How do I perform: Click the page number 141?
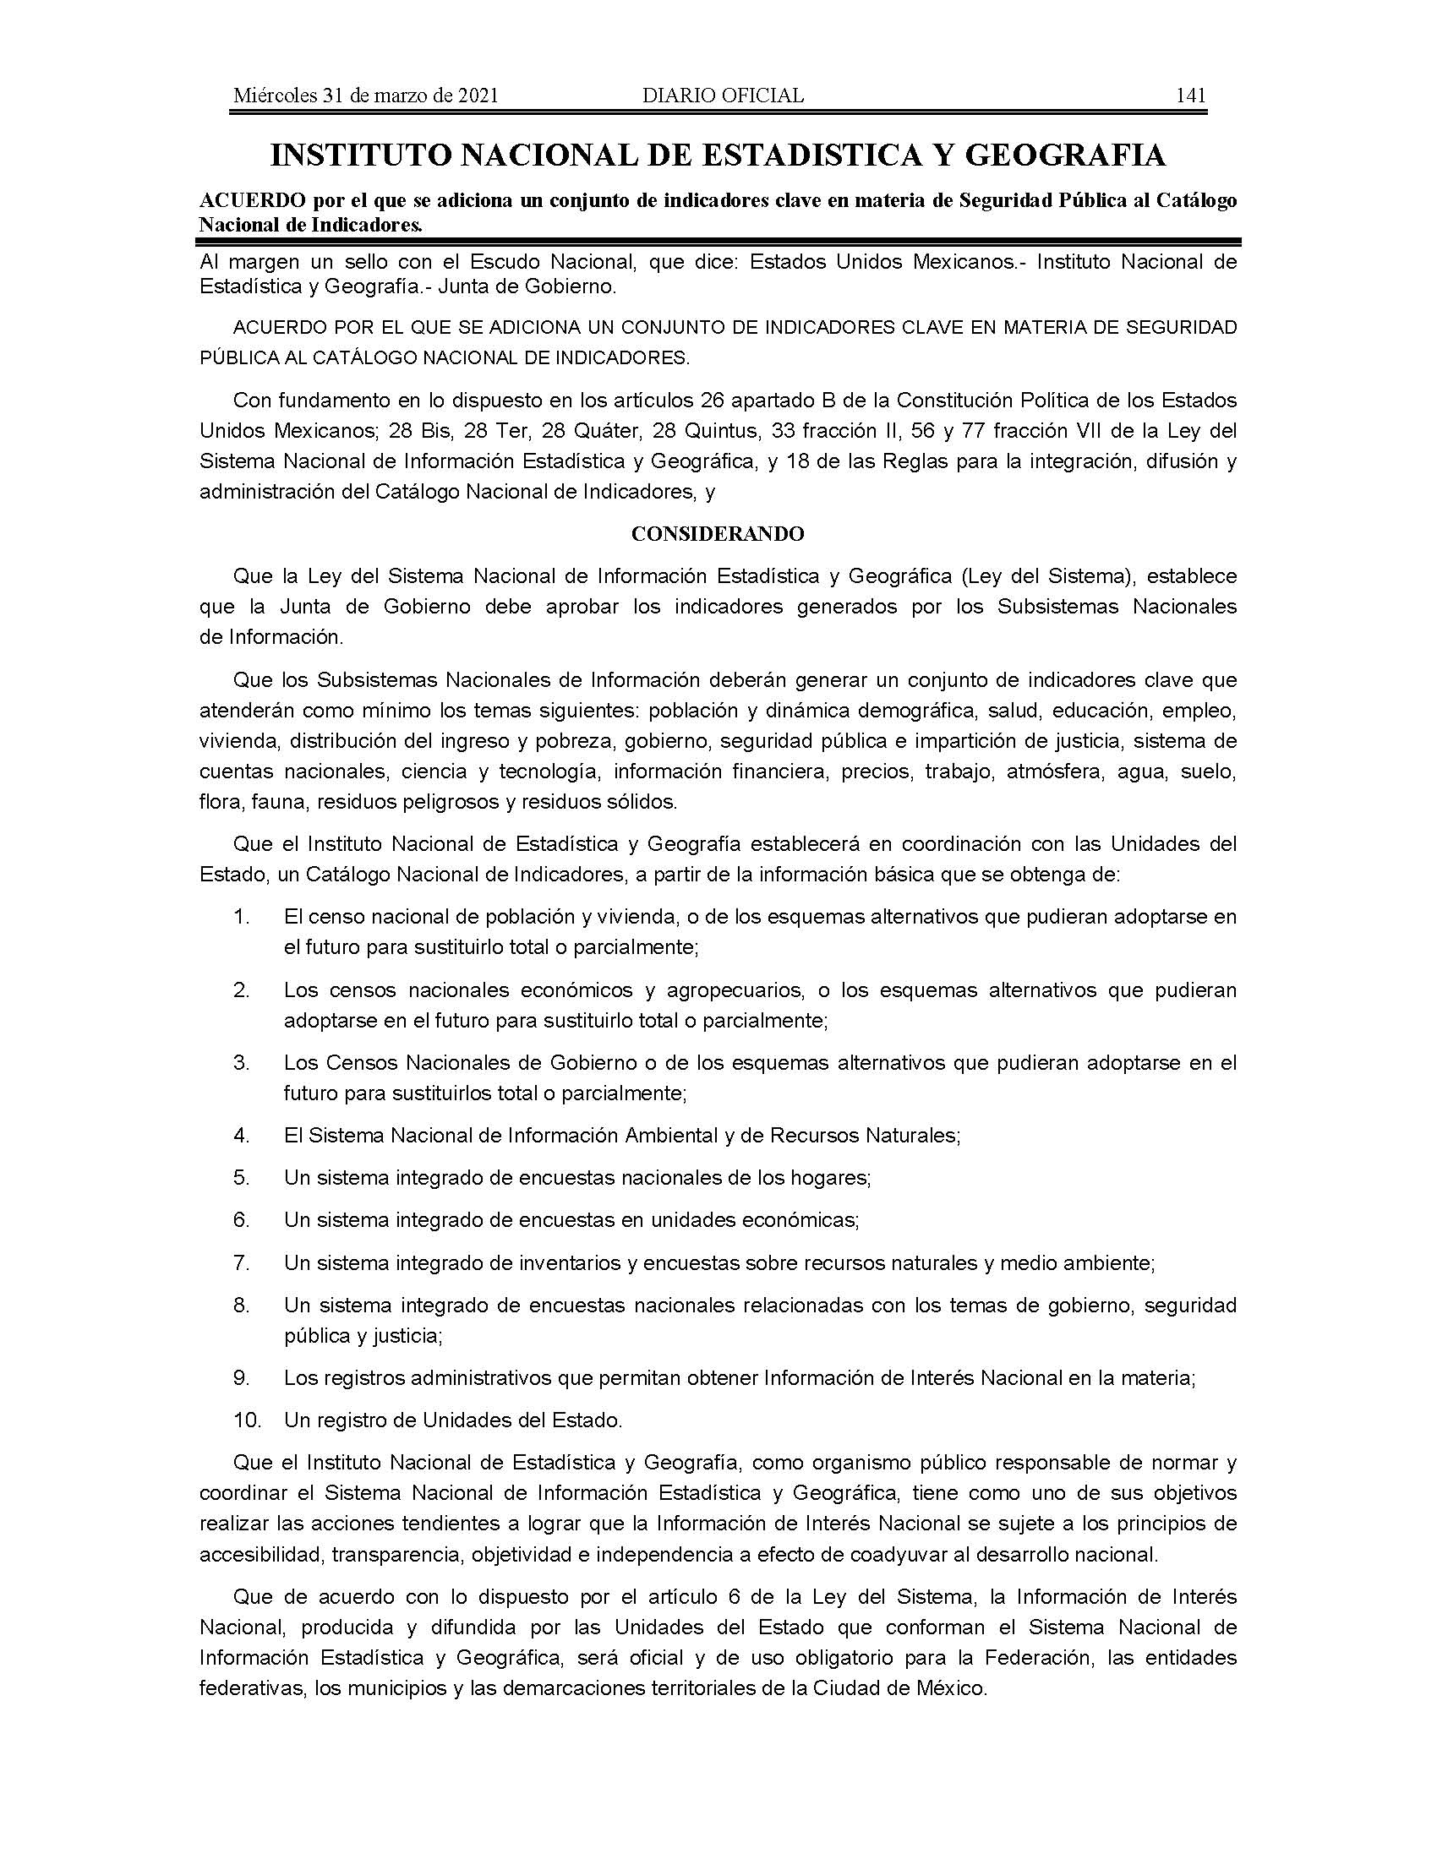coord(1190,95)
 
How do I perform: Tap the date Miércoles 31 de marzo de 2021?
coord(365,95)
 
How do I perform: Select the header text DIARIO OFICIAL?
coord(723,95)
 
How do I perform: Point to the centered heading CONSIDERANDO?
coord(718,534)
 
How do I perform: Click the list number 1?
coord(241,917)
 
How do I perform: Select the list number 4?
coord(241,1135)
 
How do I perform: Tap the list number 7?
coord(241,1262)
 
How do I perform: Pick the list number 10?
coord(245,1420)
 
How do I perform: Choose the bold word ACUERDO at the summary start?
coord(240,200)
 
